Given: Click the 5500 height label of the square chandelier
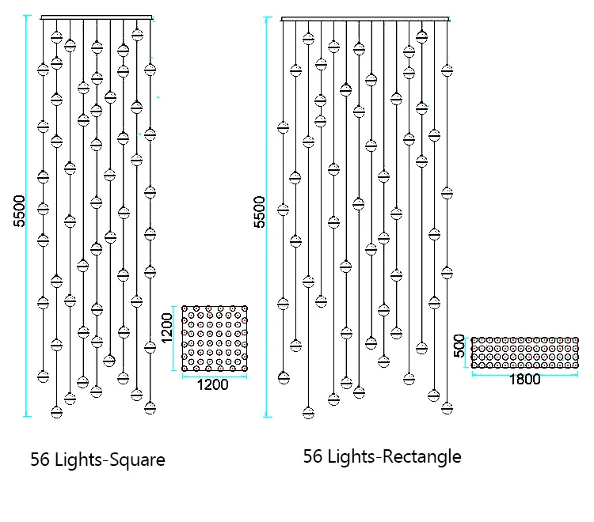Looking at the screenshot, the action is tap(21, 211).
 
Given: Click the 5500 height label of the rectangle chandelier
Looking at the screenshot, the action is tap(260, 211).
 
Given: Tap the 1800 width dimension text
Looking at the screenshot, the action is tap(524, 380).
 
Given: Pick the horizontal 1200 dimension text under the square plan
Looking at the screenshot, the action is tap(212, 385).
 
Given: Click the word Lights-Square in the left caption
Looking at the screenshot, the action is tap(110, 460).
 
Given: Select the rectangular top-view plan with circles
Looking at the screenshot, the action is tap(524, 352).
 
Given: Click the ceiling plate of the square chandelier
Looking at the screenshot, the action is tap(96, 17).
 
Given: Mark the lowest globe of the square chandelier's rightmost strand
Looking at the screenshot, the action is tap(150, 407).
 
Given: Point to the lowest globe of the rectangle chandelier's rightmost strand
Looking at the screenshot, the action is tap(447, 407).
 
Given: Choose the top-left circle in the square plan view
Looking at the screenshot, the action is tap(186, 311).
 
